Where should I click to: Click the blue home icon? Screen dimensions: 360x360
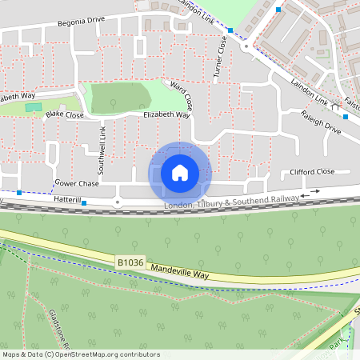tap(180, 172)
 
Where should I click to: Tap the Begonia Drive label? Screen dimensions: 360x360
tap(82, 23)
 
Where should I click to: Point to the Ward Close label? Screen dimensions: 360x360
tap(180, 94)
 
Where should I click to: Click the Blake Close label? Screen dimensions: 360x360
tap(64, 114)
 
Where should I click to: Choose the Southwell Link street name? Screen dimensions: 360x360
tap(102, 150)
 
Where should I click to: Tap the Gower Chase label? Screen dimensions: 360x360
tap(77, 184)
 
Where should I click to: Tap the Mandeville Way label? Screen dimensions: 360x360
tap(179, 270)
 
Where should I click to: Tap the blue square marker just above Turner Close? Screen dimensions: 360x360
tap(230, 30)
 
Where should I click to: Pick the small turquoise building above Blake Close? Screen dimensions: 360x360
tap(32, 106)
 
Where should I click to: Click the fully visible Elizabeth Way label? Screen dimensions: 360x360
tap(166, 115)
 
